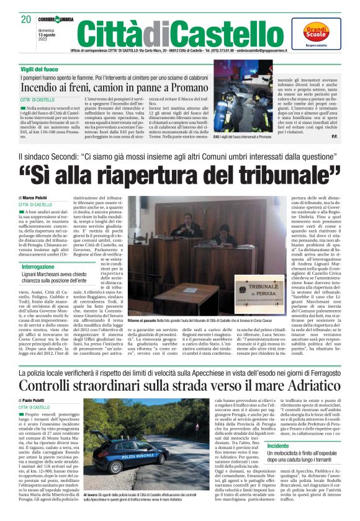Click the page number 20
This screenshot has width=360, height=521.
pos(25,19)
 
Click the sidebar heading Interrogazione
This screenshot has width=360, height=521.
pos(38,266)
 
